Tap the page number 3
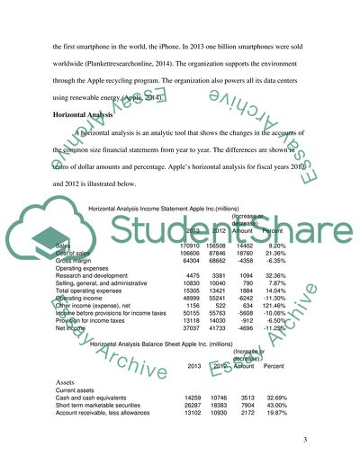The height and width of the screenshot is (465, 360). pos(305,438)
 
